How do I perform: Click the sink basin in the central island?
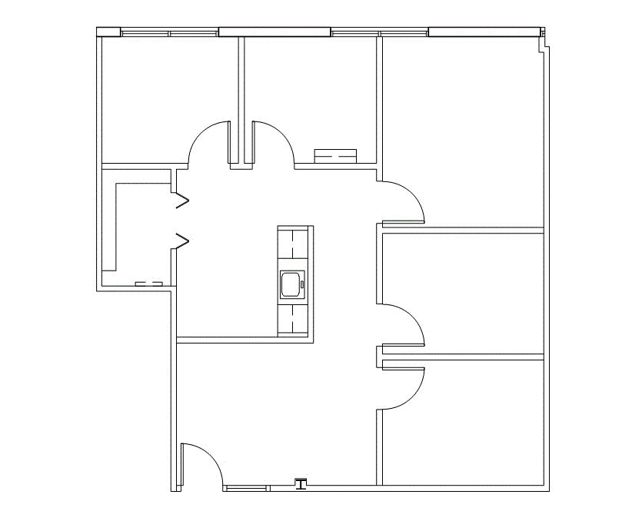(292, 285)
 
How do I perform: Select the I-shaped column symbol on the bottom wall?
(301, 483)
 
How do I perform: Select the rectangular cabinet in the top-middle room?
(336, 156)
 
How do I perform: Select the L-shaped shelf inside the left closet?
(115, 223)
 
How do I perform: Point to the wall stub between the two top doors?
(236, 142)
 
